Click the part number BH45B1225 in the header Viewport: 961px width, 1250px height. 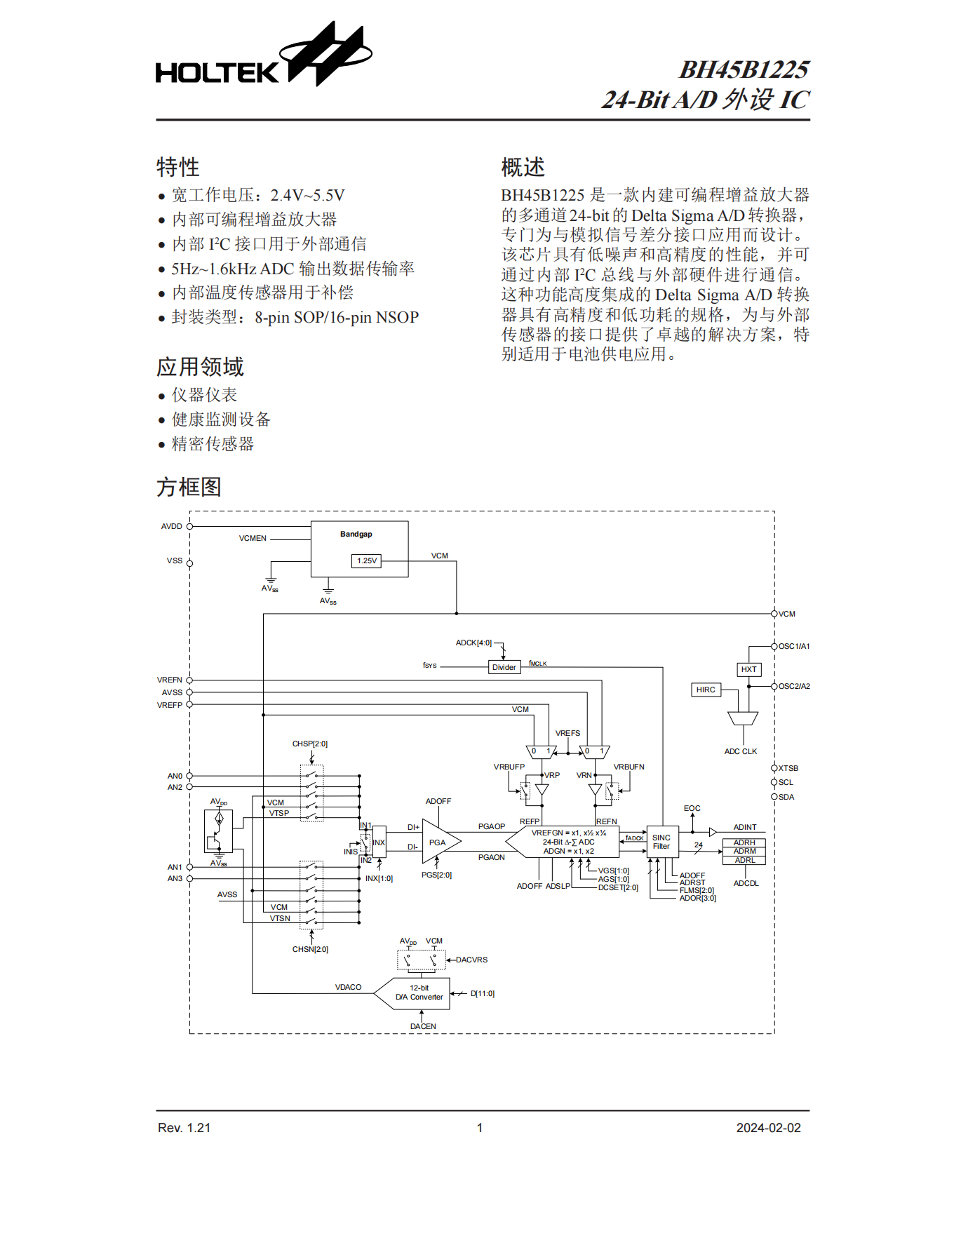744,69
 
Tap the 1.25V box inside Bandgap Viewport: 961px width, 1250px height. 366,561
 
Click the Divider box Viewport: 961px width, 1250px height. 504,667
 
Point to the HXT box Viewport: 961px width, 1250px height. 748,669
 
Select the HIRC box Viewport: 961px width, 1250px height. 706,690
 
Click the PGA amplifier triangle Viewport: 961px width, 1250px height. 439,842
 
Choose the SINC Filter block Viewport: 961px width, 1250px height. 661,842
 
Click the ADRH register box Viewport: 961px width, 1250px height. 744,842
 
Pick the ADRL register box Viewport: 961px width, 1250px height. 744,860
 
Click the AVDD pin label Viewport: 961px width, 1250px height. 172,526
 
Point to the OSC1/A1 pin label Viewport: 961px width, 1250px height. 794,646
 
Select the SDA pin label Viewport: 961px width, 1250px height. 786,797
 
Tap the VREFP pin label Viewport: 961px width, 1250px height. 170,705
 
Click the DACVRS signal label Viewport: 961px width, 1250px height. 471,960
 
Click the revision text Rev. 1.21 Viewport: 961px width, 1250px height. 184,1128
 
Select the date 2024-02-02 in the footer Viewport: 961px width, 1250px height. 768,1128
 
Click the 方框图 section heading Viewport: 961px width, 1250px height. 189,487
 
